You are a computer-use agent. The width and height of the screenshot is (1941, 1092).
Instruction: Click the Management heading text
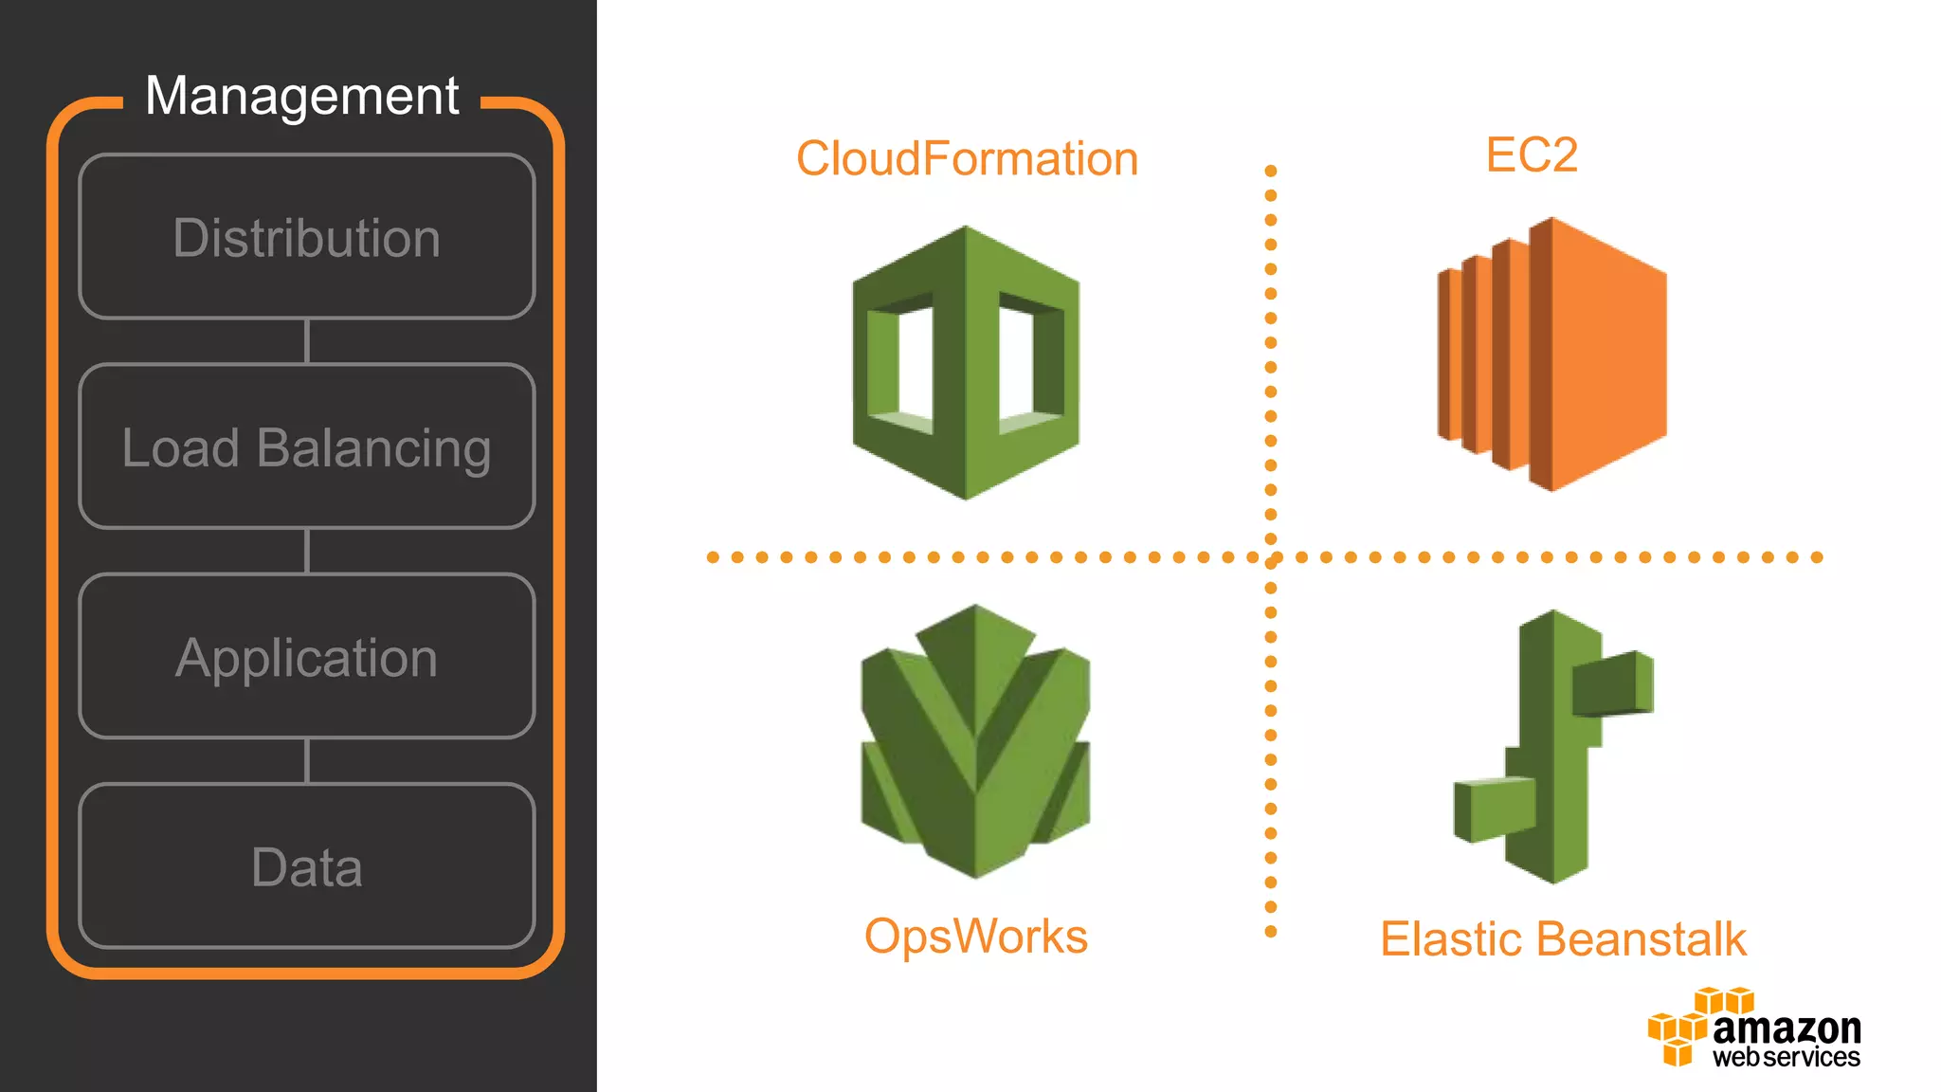click(301, 96)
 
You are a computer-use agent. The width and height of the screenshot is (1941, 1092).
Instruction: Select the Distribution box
click(306, 237)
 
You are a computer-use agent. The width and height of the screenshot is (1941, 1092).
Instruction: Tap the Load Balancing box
click(306, 446)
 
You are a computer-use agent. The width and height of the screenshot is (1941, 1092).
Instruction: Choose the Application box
click(306, 656)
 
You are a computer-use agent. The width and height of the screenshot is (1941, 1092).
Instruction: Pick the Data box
click(306, 865)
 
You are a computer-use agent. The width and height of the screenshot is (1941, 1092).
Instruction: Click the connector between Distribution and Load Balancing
click(306, 341)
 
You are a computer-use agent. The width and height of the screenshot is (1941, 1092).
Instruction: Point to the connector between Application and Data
click(306, 761)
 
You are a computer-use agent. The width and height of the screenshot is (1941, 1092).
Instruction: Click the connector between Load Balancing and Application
click(306, 551)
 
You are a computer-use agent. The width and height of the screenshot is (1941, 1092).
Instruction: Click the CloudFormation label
click(967, 158)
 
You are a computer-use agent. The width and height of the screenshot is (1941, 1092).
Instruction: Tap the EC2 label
click(1532, 155)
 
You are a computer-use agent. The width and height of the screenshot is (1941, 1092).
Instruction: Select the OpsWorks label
click(975, 937)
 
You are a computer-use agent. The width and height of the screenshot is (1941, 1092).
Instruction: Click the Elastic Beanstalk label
click(1563, 939)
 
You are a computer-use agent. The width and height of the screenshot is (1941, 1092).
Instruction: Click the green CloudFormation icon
click(966, 363)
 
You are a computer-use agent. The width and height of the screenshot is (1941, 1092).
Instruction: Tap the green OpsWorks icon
click(975, 741)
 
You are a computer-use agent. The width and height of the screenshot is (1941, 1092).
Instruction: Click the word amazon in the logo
click(1787, 1028)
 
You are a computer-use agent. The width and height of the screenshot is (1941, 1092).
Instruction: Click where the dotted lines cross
click(1271, 557)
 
